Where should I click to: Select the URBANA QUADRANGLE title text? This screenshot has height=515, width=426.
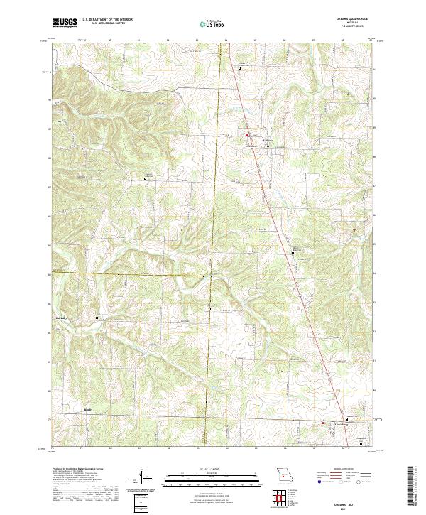point(354,20)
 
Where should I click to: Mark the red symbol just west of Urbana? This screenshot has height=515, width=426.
point(247,135)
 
